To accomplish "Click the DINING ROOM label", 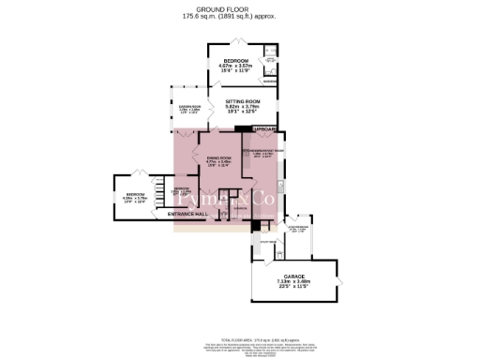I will pyautogui.click(x=219, y=157).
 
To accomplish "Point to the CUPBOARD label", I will pyautogui.click(x=262, y=128).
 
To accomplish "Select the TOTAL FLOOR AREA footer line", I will pyautogui.click(x=239, y=316).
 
